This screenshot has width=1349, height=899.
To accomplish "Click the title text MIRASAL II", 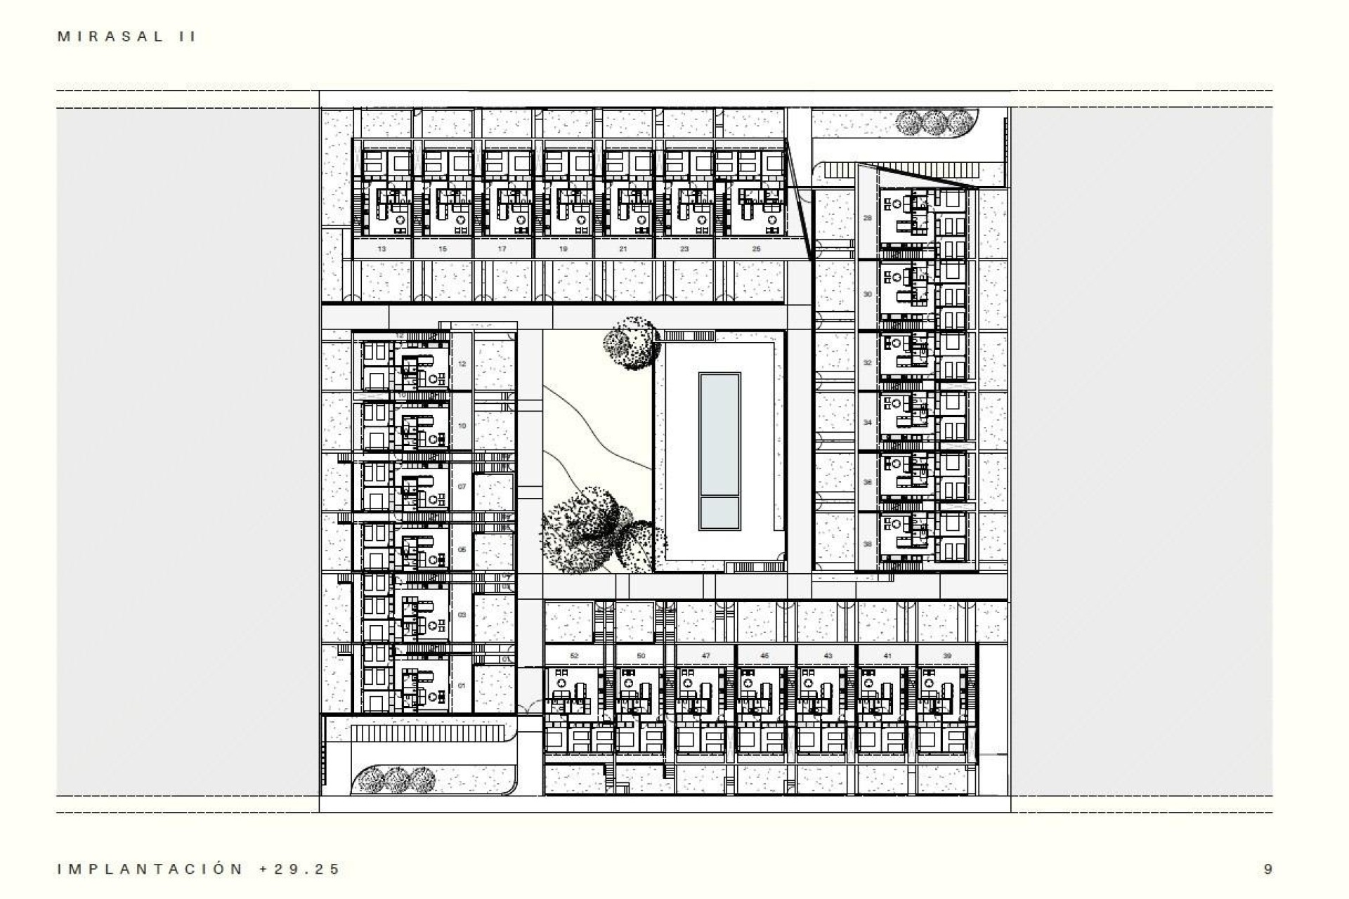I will [126, 37].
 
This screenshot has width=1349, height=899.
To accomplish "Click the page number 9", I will [1267, 869].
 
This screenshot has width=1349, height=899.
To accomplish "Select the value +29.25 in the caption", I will [300, 869].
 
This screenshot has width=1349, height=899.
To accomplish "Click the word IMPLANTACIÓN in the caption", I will [150, 869].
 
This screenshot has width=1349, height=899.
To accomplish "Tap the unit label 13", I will [382, 249].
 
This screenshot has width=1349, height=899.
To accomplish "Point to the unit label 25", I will [756, 249].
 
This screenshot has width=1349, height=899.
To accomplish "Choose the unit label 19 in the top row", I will [563, 249].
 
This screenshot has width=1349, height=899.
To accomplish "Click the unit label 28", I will [867, 218].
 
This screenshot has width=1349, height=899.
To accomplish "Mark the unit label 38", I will [867, 544].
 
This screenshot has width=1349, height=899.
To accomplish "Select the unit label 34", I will [867, 423].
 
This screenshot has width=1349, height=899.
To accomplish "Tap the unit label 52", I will [574, 656].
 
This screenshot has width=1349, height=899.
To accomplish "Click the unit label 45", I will [764, 656].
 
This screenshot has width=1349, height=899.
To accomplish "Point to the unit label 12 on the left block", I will [462, 364].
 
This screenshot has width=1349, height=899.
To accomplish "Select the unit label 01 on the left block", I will [462, 685].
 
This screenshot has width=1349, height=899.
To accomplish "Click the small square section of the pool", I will [719, 513].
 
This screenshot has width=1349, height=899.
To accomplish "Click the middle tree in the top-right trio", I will [933, 124].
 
